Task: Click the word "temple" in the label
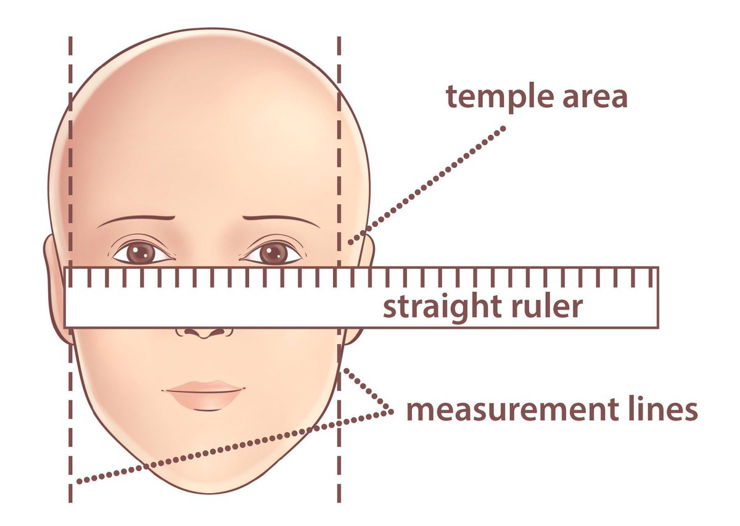point(499,97)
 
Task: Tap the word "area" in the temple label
point(594,97)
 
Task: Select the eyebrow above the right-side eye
point(281,218)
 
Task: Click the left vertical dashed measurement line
point(70,154)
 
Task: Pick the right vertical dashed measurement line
point(339,154)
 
